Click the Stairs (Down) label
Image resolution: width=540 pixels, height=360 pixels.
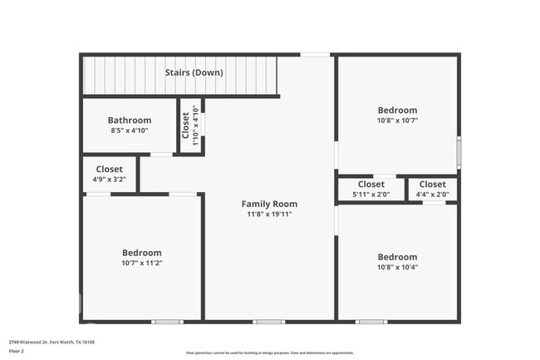click(194, 72)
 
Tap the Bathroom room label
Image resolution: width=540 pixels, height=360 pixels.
click(130, 120)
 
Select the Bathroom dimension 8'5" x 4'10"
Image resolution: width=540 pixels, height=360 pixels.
click(130, 131)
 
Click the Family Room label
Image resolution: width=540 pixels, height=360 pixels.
click(269, 204)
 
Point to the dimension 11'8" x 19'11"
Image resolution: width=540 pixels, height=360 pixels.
click(269, 215)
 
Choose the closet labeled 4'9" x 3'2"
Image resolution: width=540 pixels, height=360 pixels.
click(109, 169)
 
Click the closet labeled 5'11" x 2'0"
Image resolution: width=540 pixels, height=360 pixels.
click(371, 185)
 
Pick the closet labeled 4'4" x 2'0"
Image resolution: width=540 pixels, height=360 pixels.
click(432, 185)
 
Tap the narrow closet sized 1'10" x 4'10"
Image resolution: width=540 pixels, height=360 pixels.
click(190, 126)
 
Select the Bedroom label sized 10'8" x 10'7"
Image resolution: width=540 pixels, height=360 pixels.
click(397, 110)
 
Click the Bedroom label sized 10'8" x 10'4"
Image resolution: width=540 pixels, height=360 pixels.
click(397, 257)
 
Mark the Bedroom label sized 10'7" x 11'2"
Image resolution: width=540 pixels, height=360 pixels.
click(142, 253)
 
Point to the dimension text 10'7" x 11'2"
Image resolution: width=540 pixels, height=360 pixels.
click(142, 264)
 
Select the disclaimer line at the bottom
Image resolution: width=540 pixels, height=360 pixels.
click(269, 353)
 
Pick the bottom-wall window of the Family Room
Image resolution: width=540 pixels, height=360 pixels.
click(268, 322)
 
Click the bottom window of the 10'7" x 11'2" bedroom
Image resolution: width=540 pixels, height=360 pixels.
click(167, 322)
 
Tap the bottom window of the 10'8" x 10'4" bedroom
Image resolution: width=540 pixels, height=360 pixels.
click(371, 322)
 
